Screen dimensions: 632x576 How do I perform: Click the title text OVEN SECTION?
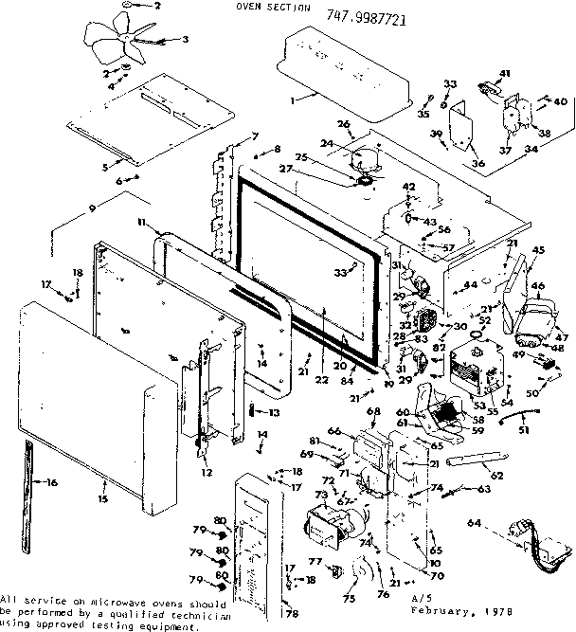click(x=261, y=8)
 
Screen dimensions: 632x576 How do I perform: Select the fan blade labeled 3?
click(x=127, y=45)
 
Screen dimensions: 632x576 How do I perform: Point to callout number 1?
click(x=294, y=99)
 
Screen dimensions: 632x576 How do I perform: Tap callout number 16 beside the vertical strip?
click(x=50, y=483)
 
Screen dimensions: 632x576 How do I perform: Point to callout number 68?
click(x=373, y=411)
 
